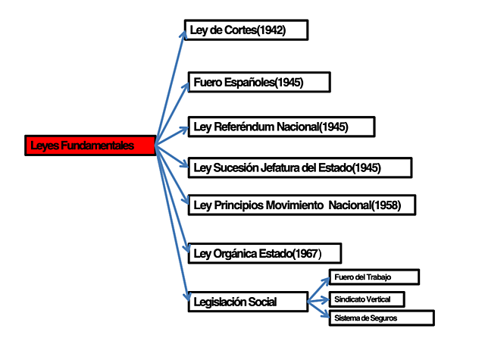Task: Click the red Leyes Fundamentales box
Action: point(90,146)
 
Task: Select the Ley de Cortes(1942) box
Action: point(246,30)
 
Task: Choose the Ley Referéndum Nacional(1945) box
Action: point(281,127)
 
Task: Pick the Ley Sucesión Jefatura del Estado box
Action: point(299,167)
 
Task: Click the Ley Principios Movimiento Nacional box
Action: point(302,205)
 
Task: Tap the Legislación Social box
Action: point(247,302)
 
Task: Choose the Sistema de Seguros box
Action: point(381,318)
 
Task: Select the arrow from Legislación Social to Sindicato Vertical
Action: point(318,300)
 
